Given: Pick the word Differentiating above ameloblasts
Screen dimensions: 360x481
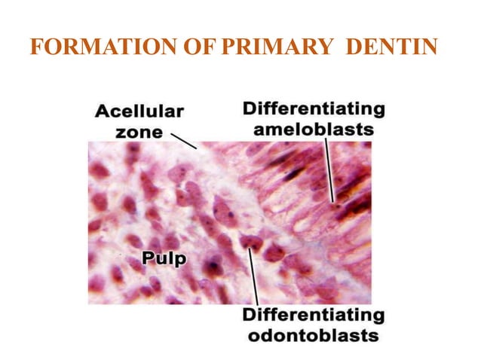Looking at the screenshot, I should pyautogui.click(x=314, y=109).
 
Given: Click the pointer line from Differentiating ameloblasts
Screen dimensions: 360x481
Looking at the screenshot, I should pyautogui.click(x=329, y=169).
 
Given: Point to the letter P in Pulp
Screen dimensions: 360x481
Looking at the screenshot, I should pyautogui.click(x=149, y=259).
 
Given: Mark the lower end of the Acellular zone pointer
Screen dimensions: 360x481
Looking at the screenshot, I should pyautogui.click(x=195, y=148).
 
